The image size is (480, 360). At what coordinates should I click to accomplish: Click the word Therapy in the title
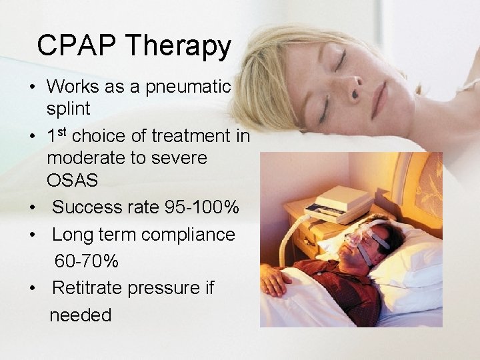click(x=179, y=47)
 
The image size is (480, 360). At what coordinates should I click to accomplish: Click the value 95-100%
click(x=201, y=208)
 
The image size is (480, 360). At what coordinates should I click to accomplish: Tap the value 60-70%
click(x=87, y=261)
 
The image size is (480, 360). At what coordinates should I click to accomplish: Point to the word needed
click(x=81, y=315)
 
